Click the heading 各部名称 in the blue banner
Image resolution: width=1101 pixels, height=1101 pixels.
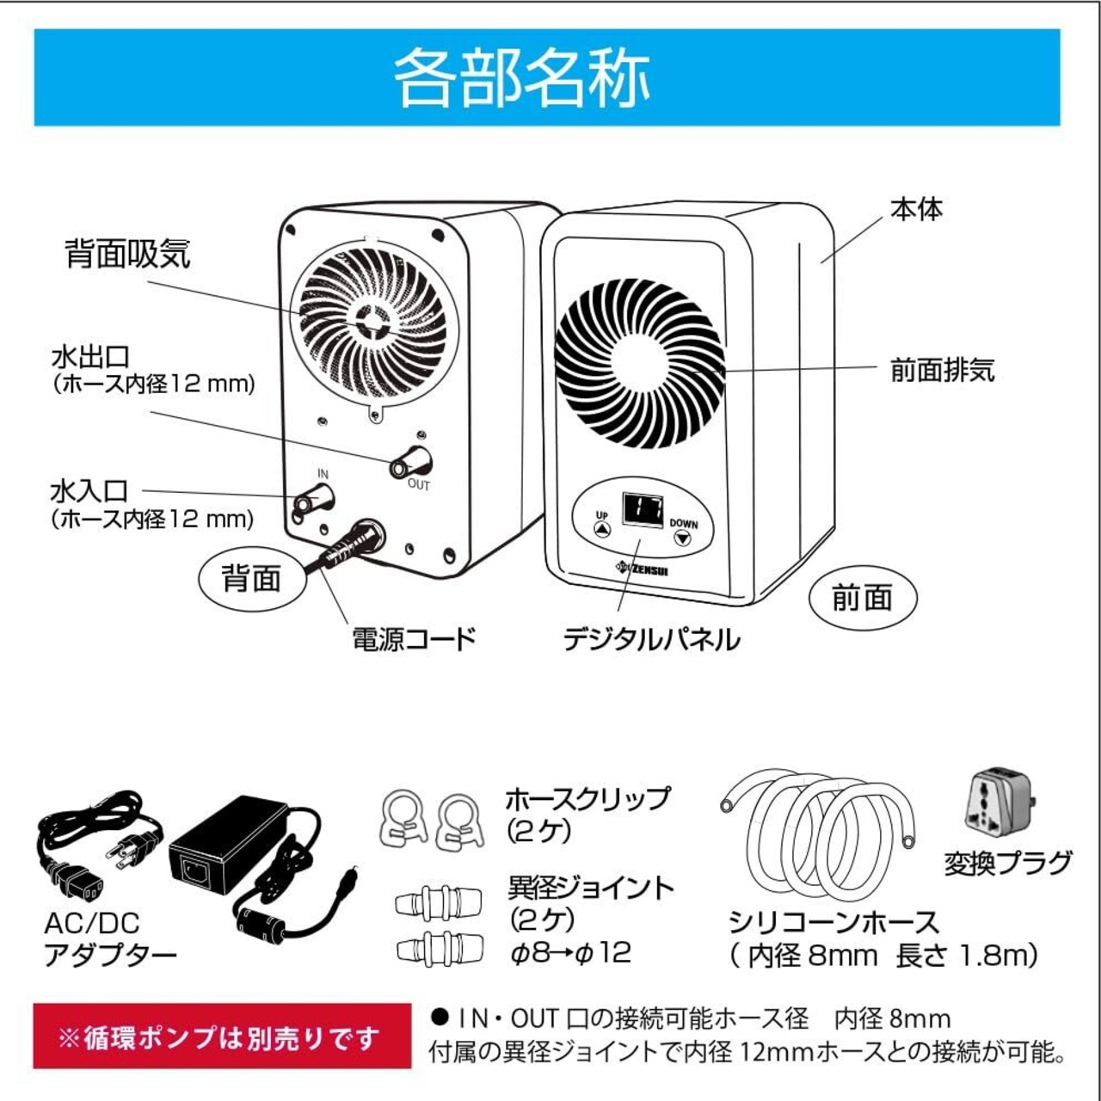tap(521, 77)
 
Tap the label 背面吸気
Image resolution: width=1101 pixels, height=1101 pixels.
tap(127, 254)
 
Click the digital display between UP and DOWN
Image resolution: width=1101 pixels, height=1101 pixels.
tap(642, 512)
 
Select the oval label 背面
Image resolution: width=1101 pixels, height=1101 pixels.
tap(251, 580)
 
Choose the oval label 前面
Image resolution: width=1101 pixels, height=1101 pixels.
tap(862, 598)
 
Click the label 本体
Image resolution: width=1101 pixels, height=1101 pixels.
tap(916, 209)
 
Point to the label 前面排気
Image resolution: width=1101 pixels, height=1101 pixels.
tap(942, 370)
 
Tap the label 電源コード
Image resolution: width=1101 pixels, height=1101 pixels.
tap(414, 639)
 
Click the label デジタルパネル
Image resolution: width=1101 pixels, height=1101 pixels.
tap(651, 639)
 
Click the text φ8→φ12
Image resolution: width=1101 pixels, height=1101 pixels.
tap(570, 952)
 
